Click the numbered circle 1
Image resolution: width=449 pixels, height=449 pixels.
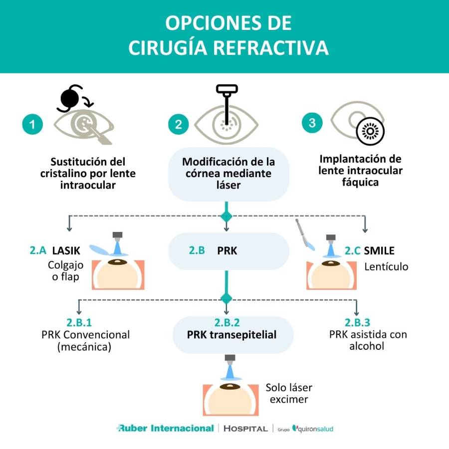33,124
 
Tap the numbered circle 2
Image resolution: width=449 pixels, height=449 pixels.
179,124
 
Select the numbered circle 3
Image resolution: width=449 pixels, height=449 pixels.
312,122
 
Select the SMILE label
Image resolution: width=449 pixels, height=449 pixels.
379,250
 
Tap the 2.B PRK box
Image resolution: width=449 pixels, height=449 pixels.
228,250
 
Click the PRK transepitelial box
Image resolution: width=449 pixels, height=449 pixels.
232,335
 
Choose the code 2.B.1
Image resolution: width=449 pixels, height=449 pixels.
79,322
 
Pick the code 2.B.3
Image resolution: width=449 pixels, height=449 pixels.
357,322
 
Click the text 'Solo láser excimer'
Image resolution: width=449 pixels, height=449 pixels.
288,393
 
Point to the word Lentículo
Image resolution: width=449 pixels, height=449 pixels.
386,266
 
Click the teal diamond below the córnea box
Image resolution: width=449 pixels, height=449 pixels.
226,216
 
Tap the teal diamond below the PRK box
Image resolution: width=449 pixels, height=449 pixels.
226,298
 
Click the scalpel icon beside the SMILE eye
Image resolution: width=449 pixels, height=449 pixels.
304,234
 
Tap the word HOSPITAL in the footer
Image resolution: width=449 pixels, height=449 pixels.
245,429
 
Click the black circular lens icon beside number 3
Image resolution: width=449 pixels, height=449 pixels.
370,131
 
